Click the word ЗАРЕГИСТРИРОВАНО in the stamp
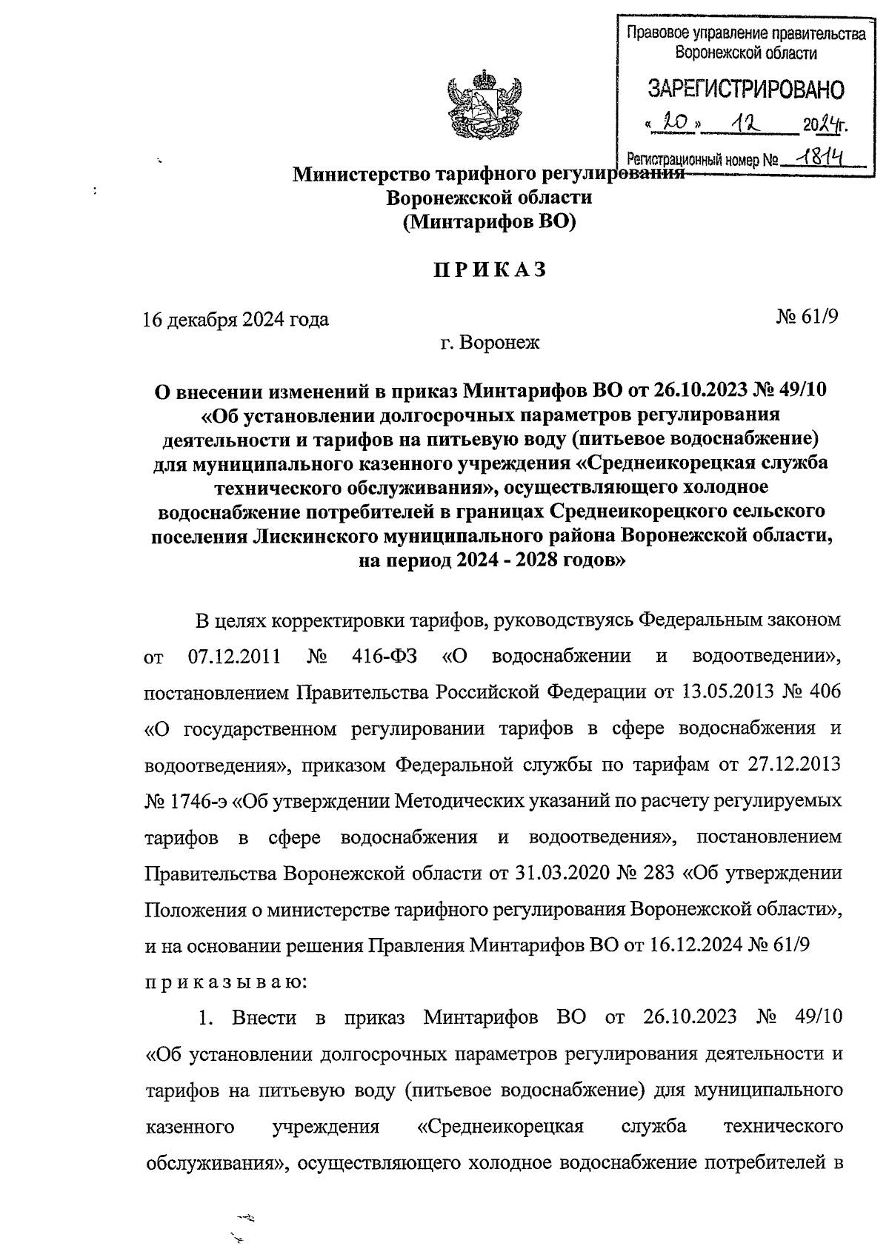745,90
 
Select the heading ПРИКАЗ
490,270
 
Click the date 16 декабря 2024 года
236,320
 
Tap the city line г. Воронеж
489,343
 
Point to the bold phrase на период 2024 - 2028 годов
489,560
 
